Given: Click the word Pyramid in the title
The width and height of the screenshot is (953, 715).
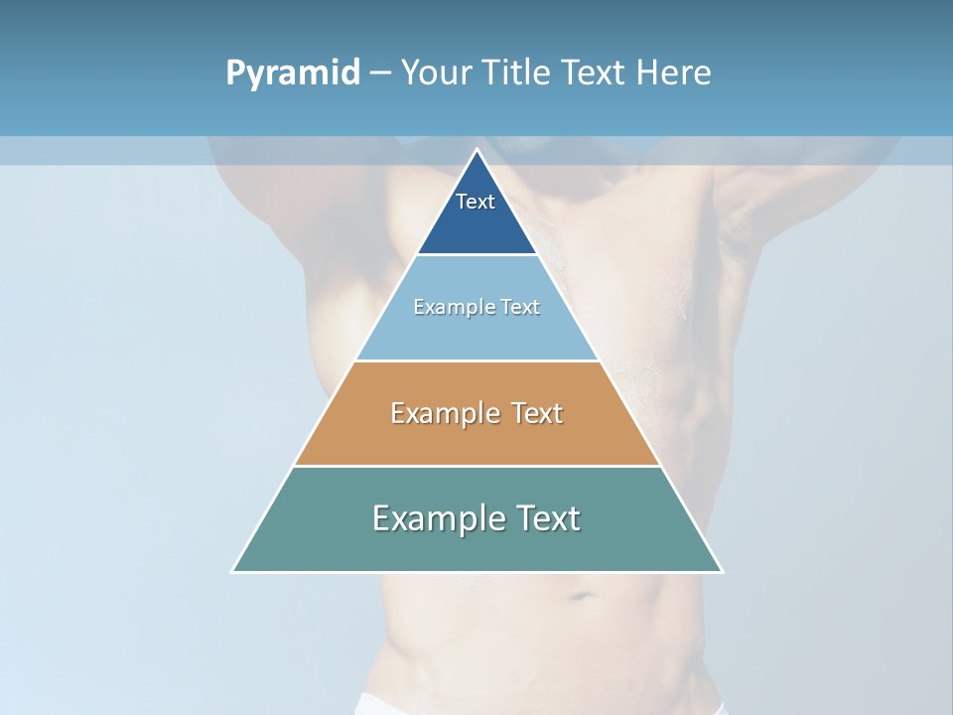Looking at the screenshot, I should coord(293,73).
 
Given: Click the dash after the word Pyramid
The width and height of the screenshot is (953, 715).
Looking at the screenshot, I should coord(380,73).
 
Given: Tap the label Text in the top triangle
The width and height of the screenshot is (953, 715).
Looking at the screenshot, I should coord(476,202).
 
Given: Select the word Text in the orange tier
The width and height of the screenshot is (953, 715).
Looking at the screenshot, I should coord(533,413).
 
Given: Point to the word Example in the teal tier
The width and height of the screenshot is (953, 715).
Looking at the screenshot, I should coord(428,518).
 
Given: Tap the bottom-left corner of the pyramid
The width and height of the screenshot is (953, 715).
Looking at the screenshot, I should coord(233,571).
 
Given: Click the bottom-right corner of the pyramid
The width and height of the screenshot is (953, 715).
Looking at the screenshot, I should coord(721,571).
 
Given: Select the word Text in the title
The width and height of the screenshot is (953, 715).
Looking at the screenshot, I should coord(592,73).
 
